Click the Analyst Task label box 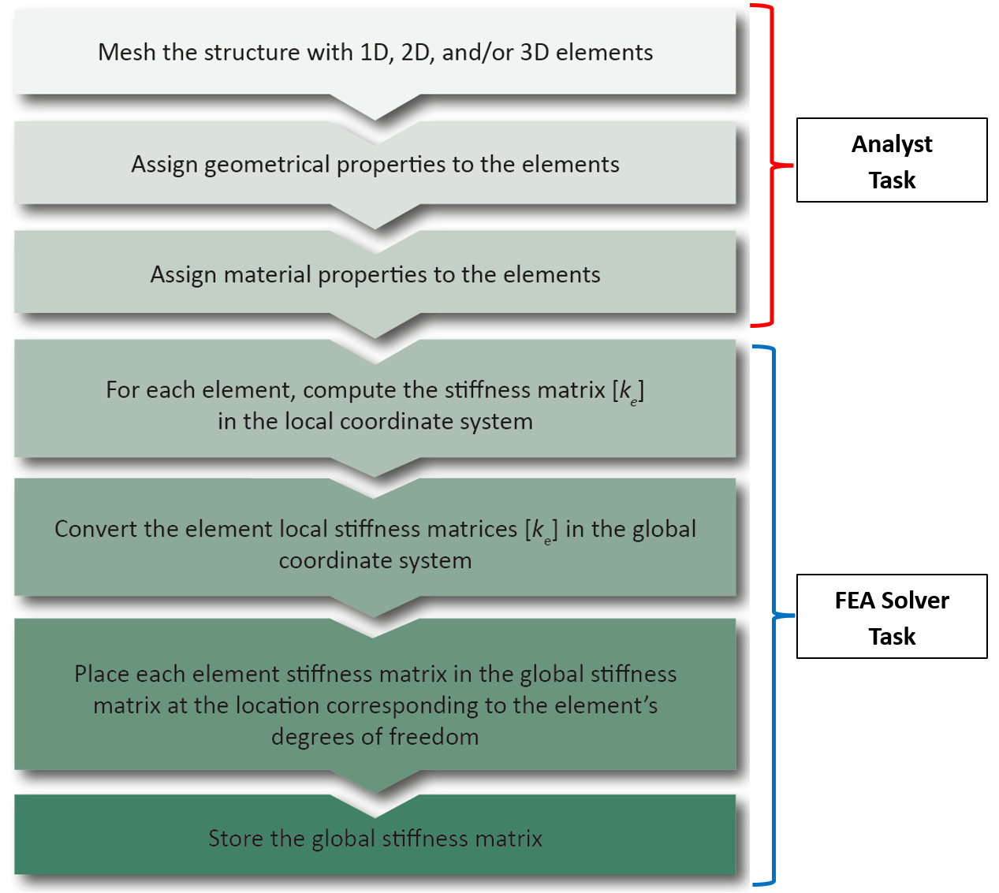click(892, 160)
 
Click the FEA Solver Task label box click(892, 616)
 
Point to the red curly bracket click(772, 166)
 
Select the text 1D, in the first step click(377, 53)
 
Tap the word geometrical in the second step click(267, 165)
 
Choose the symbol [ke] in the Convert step click(542, 530)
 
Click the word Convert click(95, 529)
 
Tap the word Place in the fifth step click(102, 674)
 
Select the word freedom click(434, 737)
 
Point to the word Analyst click(892, 145)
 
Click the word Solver click(915, 601)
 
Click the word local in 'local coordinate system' click(309, 422)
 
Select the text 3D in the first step click(535, 52)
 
